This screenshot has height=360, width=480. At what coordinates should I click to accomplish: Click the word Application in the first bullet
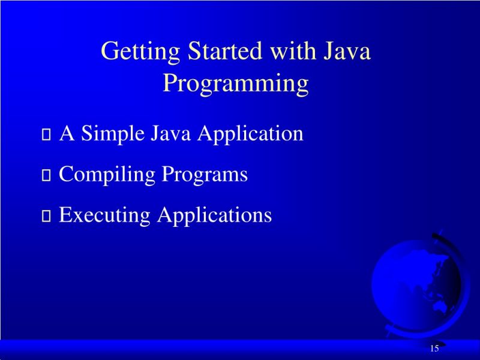coord(250,134)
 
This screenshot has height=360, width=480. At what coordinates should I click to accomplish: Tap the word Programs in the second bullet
coord(205,175)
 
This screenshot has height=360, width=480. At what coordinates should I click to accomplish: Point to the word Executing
coord(105,215)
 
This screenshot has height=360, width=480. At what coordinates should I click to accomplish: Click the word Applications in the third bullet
coord(214,215)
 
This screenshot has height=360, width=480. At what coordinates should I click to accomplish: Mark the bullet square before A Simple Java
coord(46,136)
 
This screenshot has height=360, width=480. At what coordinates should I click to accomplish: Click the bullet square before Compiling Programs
coord(46,176)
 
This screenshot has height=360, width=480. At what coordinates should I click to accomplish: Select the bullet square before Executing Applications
coord(46,217)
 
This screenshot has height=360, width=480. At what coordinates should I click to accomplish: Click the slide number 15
coord(434,349)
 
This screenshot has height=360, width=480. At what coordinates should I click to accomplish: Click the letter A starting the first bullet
coord(67,134)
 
